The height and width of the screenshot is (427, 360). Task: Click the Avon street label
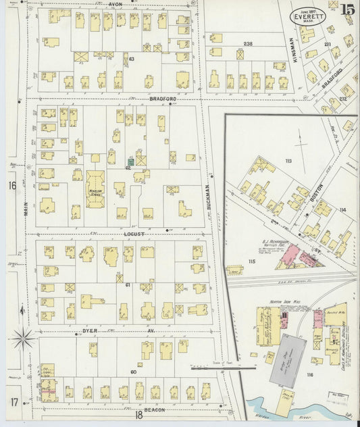pos(115,4)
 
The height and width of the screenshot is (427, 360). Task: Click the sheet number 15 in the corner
pos(348,9)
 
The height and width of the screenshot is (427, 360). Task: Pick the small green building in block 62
pos(129,161)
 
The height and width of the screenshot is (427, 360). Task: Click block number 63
pos(132,60)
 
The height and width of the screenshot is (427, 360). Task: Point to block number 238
pos(248,44)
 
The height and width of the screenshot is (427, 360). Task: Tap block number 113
pos(288,161)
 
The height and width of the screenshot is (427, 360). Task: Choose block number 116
pos(310,374)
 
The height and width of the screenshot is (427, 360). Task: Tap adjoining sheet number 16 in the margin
pos(11,185)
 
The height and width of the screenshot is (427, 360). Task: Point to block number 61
pos(126,286)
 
